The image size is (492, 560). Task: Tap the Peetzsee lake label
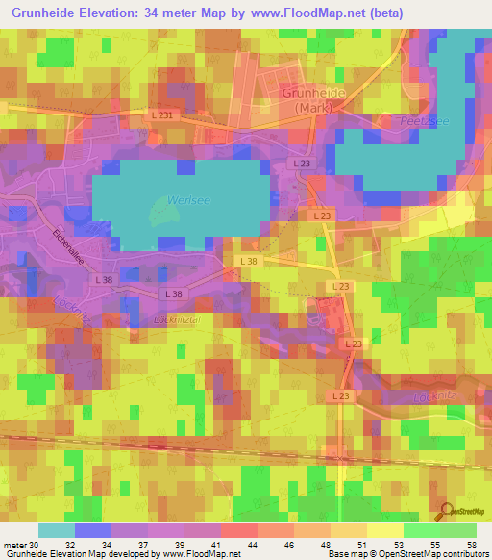[419, 122]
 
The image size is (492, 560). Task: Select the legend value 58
[470, 544]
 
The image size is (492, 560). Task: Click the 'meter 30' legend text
[21, 544]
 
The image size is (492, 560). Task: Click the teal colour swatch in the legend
[56, 530]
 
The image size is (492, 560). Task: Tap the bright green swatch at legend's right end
[457, 530]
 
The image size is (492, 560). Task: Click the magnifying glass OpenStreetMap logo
[447, 512]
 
